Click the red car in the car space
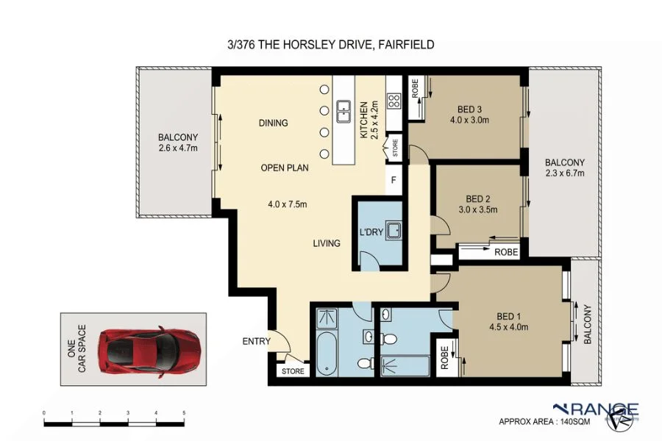tap(151, 350)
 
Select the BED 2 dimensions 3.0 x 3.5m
tap(478, 209)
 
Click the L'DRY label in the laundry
tap(371, 232)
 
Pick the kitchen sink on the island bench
tap(343, 112)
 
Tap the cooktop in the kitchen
tap(394, 101)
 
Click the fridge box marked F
tap(394, 180)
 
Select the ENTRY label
tap(255, 342)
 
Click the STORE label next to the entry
tap(293, 372)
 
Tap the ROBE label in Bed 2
tap(505, 252)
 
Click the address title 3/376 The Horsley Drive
tap(331, 45)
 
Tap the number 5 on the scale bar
tap(184, 414)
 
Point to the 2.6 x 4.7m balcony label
tap(178, 143)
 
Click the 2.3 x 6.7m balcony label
tap(564, 168)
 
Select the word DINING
tap(273, 123)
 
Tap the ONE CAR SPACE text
tap(77, 349)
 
